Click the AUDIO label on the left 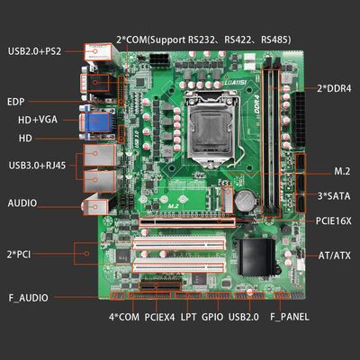pos(23,203)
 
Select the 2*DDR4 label pos(334,88)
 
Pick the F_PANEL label pos(289,318)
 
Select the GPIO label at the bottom pos(211,318)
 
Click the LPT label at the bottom pos(188,318)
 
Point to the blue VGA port pos(97,122)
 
